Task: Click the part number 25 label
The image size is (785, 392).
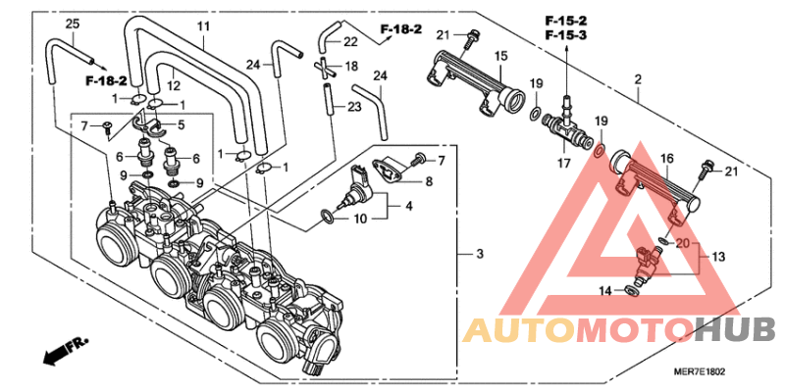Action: (x=72, y=23)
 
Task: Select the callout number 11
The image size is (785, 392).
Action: (x=203, y=25)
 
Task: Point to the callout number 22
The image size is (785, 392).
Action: (x=350, y=42)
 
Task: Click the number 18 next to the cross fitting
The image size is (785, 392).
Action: (x=351, y=67)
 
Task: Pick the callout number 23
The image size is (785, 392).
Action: (x=354, y=107)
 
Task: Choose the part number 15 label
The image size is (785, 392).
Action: (x=499, y=56)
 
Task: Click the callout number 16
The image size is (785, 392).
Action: (x=665, y=157)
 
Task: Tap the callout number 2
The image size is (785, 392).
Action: (x=638, y=78)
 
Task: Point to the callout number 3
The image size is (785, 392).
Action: (x=479, y=255)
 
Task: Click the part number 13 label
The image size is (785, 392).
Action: (x=718, y=257)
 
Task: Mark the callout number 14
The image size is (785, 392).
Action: (x=605, y=290)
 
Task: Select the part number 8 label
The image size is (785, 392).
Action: (x=428, y=180)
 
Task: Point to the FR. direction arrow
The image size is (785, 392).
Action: (x=65, y=348)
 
